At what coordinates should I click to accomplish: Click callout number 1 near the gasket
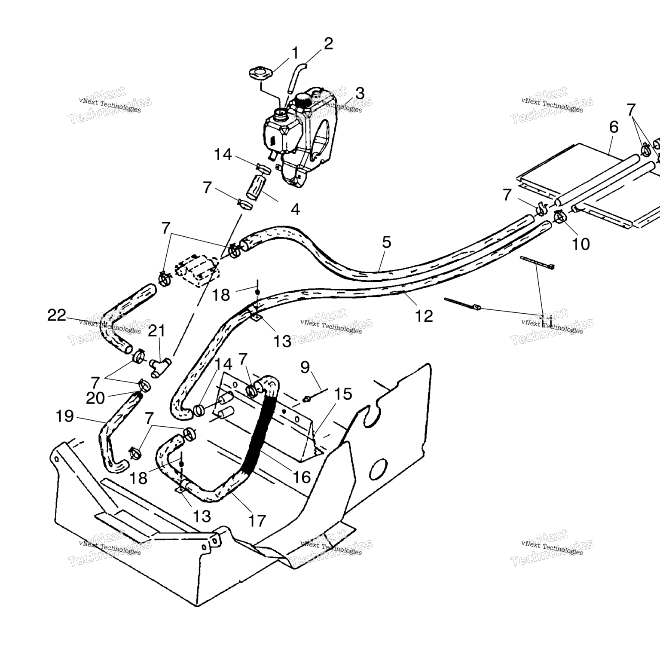295,53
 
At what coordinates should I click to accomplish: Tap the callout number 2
328,43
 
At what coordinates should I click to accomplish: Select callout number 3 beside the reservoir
360,93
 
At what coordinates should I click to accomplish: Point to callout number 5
386,242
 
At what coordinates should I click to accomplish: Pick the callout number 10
581,244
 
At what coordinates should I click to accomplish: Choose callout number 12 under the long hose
424,316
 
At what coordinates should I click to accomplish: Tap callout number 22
57,316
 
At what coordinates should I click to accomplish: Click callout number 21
156,331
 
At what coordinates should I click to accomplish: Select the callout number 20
95,398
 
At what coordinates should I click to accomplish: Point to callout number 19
65,416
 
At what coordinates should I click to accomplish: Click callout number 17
257,521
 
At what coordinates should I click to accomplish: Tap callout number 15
343,394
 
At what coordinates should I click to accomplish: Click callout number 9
305,367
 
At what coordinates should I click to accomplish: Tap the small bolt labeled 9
307,399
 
